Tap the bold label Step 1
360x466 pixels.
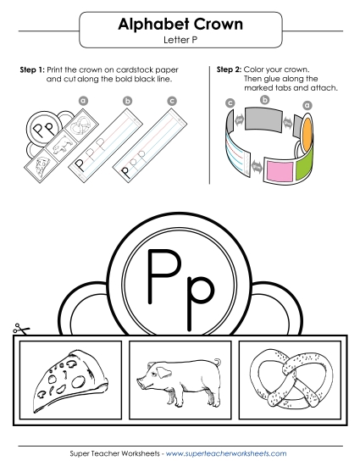31,68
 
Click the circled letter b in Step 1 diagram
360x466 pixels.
128,101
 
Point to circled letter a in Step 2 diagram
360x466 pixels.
307,105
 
